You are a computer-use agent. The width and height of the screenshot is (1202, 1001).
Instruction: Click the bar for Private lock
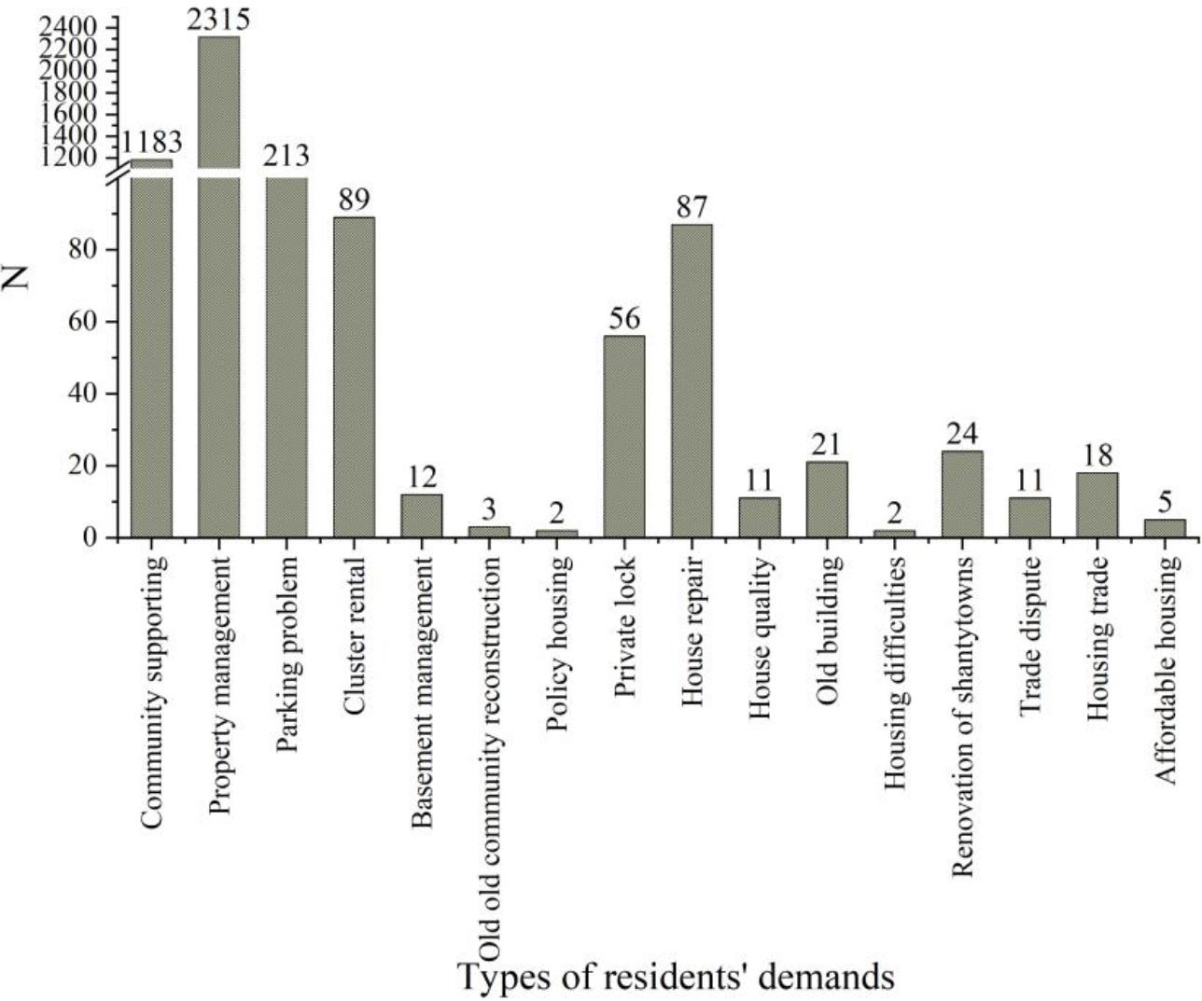point(624,436)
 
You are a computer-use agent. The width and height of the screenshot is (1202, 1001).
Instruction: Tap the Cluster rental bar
point(355,377)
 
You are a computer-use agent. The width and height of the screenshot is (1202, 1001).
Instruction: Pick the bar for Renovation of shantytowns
point(962,494)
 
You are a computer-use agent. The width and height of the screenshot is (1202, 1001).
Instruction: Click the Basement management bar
point(422,515)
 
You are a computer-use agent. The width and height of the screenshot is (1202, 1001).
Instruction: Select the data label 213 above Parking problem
point(287,155)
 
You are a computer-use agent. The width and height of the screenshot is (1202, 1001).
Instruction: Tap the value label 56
point(624,319)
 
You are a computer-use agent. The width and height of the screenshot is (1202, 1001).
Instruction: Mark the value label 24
point(962,435)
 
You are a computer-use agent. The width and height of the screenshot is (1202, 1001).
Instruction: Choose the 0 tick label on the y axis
point(91,537)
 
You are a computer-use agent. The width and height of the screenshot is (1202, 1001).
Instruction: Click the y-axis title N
point(20,276)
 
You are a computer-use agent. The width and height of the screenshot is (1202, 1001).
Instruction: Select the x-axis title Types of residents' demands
point(676,977)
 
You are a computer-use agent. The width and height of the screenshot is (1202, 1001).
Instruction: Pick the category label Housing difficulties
point(894,673)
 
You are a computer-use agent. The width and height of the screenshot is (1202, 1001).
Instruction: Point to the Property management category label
point(219,685)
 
